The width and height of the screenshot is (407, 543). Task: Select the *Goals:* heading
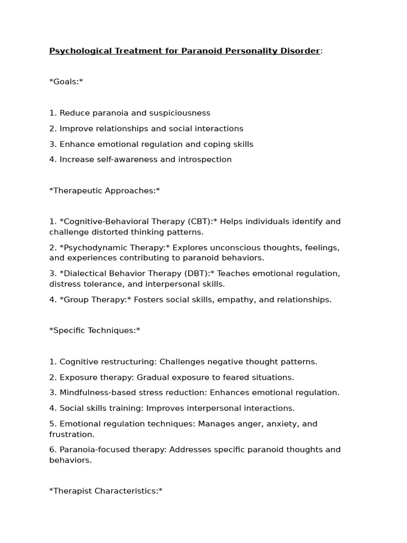(66, 82)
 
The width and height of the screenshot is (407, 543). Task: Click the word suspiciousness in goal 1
(180, 113)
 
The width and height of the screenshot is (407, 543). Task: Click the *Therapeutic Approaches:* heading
(104, 191)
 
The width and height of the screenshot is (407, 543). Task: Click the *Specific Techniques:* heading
(95, 331)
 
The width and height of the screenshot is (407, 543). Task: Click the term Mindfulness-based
(95, 393)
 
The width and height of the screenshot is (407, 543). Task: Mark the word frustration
(72, 434)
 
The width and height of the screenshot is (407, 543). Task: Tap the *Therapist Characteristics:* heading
(105, 491)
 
